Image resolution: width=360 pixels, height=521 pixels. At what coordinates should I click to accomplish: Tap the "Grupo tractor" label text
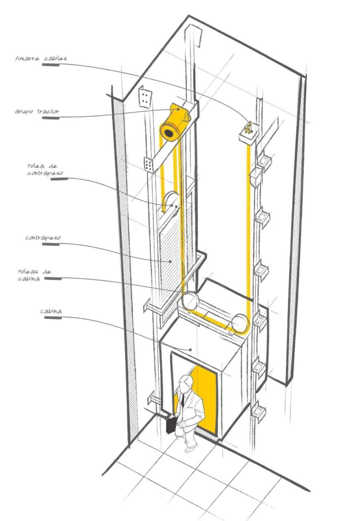37,111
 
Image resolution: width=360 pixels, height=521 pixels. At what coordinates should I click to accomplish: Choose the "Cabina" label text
51,312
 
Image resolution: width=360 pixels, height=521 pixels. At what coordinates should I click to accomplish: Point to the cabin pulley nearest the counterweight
190,302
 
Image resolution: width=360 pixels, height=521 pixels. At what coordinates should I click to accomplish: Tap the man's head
185,383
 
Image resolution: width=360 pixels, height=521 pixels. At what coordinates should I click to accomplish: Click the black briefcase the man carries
171,425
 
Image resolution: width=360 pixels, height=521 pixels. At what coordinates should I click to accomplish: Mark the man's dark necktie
183,401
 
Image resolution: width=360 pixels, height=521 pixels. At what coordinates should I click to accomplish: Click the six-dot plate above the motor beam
146,97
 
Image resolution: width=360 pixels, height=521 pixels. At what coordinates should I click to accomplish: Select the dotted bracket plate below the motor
149,164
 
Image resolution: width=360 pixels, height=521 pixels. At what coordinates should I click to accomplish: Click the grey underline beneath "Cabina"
53,318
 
